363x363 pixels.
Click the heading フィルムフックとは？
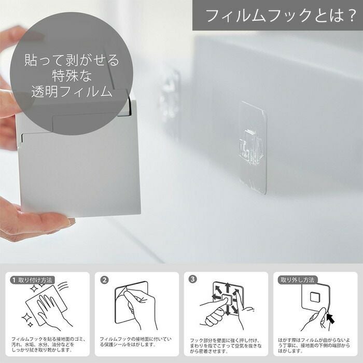pyautogui.click(x=281, y=16)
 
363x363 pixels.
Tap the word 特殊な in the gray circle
pyautogui.click(x=72, y=76)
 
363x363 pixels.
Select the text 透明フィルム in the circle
pyautogui.click(x=72, y=91)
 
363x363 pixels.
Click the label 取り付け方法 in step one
pyautogui.click(x=35, y=280)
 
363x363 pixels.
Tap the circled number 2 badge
pyautogui.click(x=104, y=280)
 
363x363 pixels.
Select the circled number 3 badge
pyautogui.click(x=192, y=279)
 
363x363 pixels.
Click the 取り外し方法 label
pyautogui.click(x=298, y=280)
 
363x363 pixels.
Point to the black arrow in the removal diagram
pyautogui.click(x=331, y=318)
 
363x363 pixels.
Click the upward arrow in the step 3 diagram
pyautogui.click(x=227, y=288)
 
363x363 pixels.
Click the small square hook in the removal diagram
pyautogui.click(x=315, y=297)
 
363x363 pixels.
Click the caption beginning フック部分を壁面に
pyautogui.click(x=226, y=346)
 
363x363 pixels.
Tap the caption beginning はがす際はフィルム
pyautogui.click(x=314, y=345)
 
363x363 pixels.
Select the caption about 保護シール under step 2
pyautogui.click(x=136, y=342)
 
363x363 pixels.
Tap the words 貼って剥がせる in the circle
pyautogui.click(x=72, y=60)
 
